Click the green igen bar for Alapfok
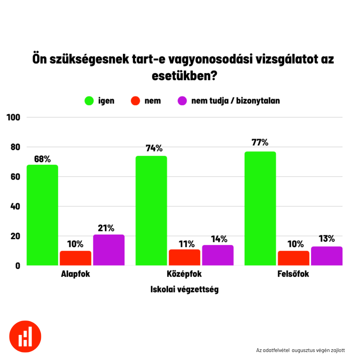click(42, 215)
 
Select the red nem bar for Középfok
click(185, 257)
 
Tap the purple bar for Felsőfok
click(327, 256)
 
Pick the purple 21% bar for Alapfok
click(109, 250)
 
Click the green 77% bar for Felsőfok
click(260, 208)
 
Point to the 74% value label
click(154, 148)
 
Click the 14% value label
click(219, 239)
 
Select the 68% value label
click(42, 159)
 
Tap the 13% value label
click(326, 239)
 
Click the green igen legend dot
click(89, 101)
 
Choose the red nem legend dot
click(135, 101)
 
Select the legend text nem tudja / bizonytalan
click(235, 101)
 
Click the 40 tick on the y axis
click(15, 206)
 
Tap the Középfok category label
click(184, 274)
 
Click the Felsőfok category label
click(293, 274)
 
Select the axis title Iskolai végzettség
click(184, 289)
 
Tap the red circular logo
click(25, 336)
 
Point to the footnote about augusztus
click(300, 350)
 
